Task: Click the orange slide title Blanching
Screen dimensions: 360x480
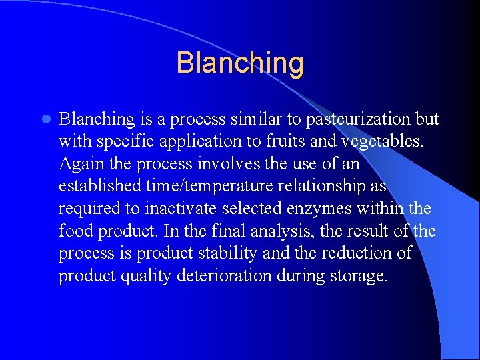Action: (x=240, y=63)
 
